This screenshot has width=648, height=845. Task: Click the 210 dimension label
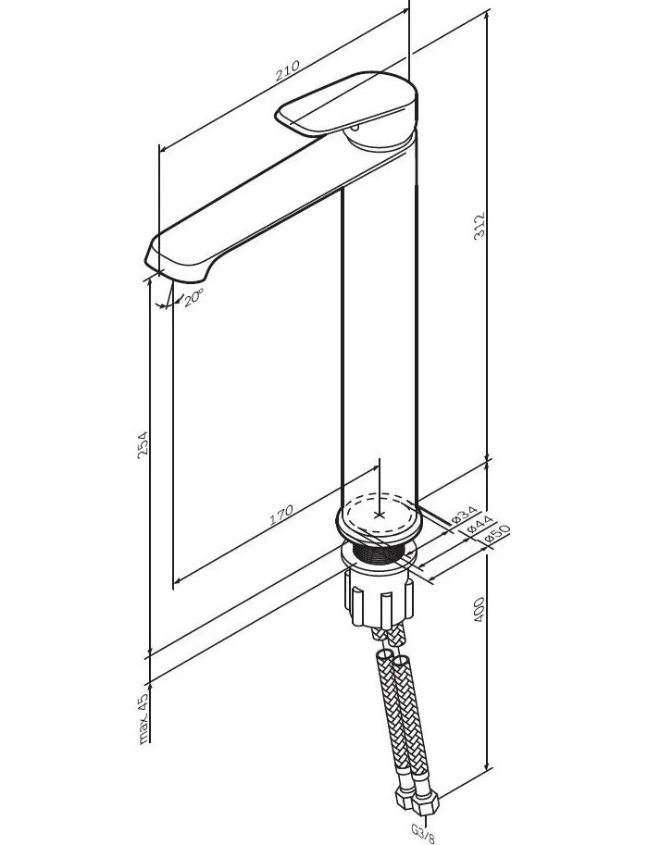pyautogui.click(x=287, y=70)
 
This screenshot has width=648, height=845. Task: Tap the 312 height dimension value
pyautogui.click(x=480, y=227)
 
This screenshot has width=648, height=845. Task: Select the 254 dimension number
pyautogui.click(x=143, y=444)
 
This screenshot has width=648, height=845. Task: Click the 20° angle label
pyautogui.click(x=193, y=297)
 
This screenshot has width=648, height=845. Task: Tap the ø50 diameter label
pyautogui.click(x=496, y=533)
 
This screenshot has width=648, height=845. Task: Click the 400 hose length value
pyautogui.click(x=480, y=610)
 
